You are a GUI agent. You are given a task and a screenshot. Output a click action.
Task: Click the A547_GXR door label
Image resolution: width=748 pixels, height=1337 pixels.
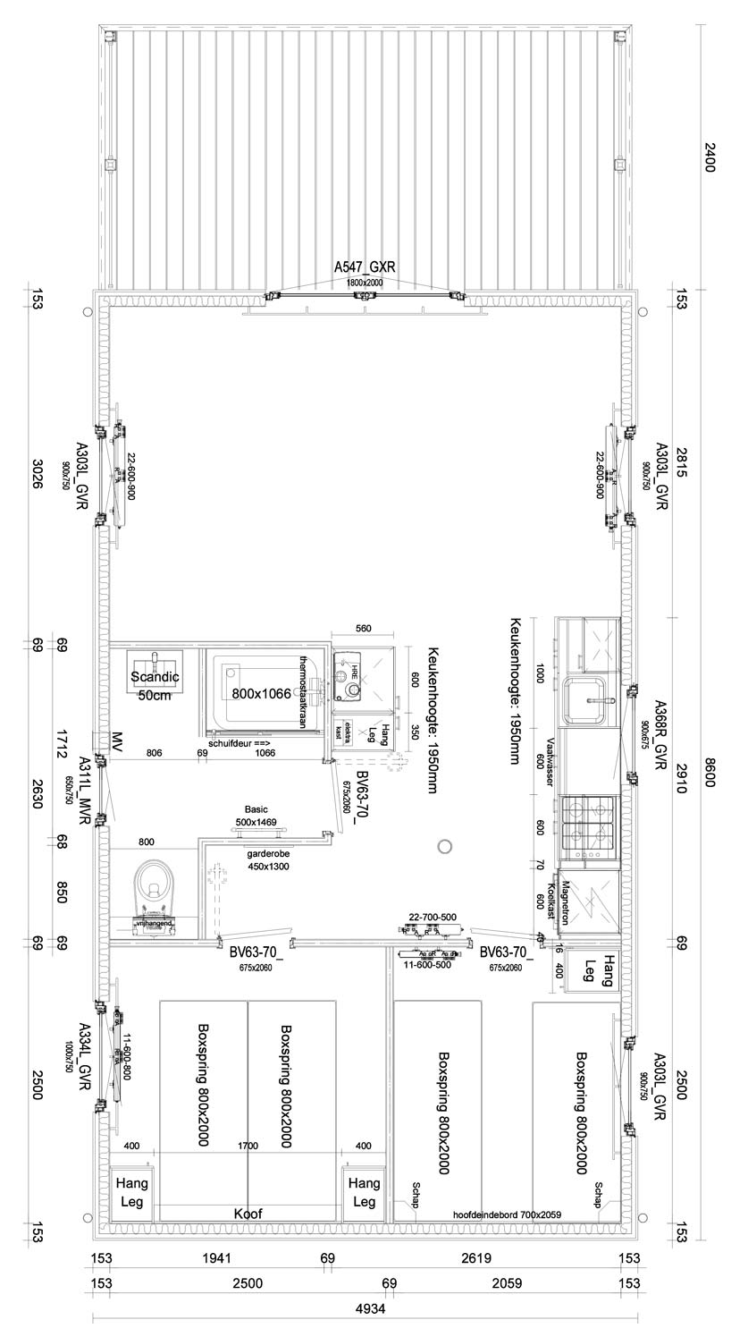[x=365, y=267]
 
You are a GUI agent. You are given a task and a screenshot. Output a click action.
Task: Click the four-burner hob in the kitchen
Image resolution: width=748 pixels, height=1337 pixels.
[x=588, y=823]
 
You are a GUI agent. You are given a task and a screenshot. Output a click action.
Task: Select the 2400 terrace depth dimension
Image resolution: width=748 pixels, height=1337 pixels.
[x=710, y=158]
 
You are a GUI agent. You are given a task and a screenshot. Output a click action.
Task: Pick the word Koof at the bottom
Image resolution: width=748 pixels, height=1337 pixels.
[x=248, y=1214]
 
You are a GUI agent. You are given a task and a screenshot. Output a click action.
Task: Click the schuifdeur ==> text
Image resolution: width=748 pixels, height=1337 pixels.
[x=239, y=743]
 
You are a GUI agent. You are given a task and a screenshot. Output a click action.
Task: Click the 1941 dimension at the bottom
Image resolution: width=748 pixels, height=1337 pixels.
[x=217, y=1258]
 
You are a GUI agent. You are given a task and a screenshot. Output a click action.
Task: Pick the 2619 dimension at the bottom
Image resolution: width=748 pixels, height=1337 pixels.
[x=476, y=1258]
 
